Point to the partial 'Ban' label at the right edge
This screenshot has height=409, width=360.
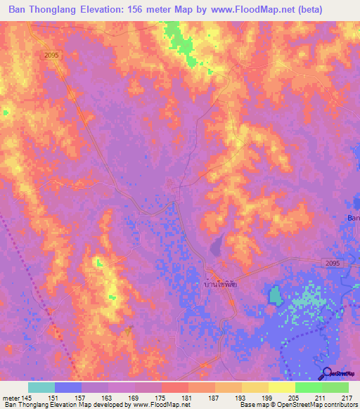pos(353,218)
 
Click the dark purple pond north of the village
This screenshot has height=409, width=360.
pos(217,245)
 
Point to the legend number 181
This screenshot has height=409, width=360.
pos(186,397)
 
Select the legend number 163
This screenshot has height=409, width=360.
pos(106,397)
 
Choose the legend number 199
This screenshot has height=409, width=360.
pos(267,397)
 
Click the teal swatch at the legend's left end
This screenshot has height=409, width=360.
pos(41,387)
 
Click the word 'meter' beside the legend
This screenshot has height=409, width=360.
pos(9,397)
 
